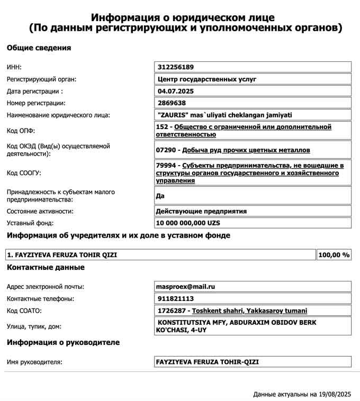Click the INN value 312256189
pyautogui.click(x=175, y=67)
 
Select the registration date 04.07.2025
pyautogui.click(x=174, y=91)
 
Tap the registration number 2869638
pyautogui.click(x=172, y=103)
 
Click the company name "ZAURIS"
pyautogui.click(x=170, y=115)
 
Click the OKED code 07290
pyautogui.click(x=166, y=150)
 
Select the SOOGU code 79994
pyautogui.click(x=166, y=166)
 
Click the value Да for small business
pyautogui.click(x=160, y=196)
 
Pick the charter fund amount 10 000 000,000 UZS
pyautogui.click(x=187, y=223)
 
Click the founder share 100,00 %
pyautogui.click(x=334, y=255)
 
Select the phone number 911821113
pyautogui.click(x=175, y=299)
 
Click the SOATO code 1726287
pyautogui.click(x=172, y=311)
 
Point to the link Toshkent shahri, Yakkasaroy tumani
pyautogui.click(x=249, y=311)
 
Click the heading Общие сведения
pyautogui.click(x=39, y=48)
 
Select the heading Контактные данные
pyautogui.click(x=46, y=268)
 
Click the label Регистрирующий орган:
pyautogui.click(x=41, y=79)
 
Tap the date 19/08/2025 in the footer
pyautogui.click(x=335, y=394)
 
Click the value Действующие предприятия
pyautogui.click(x=201, y=211)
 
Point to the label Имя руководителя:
pyautogui.click(x=34, y=362)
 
